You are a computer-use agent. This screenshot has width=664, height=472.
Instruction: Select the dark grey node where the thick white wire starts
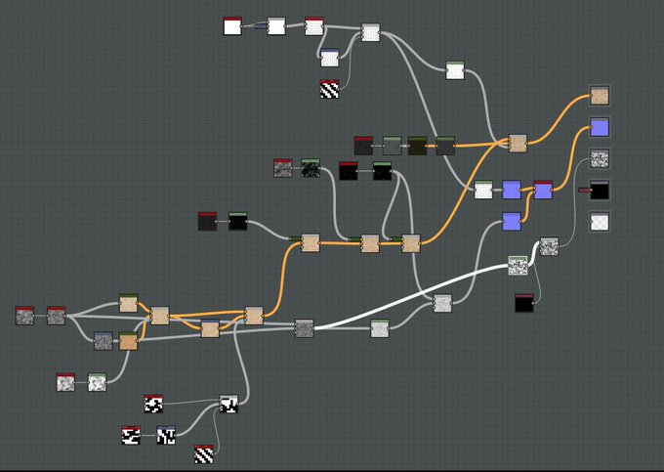(304, 327)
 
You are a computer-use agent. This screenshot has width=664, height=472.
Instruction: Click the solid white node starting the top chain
(232, 26)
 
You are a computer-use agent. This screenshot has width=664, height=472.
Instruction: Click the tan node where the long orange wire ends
(601, 95)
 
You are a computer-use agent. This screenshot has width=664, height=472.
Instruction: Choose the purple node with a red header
(543, 189)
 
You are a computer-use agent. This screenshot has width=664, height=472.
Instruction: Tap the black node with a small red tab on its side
(600, 189)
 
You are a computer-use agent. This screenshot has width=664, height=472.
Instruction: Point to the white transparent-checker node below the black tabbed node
(600, 222)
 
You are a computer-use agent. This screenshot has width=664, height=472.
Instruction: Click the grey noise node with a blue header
(104, 340)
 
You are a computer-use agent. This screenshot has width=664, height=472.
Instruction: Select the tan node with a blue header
(128, 341)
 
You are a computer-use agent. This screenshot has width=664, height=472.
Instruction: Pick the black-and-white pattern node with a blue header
(166, 435)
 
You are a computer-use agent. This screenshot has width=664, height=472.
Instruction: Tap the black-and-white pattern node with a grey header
(229, 404)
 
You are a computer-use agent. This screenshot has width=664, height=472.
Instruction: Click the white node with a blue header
(330, 58)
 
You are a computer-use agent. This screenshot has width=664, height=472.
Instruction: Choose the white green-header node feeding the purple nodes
(483, 190)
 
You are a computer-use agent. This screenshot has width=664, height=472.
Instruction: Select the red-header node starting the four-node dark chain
(363, 146)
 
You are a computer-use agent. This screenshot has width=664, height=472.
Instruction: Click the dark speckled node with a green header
(311, 168)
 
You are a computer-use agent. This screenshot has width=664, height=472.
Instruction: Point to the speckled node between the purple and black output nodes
(600, 158)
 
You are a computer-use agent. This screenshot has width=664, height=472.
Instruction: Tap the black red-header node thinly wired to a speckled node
(524, 303)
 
